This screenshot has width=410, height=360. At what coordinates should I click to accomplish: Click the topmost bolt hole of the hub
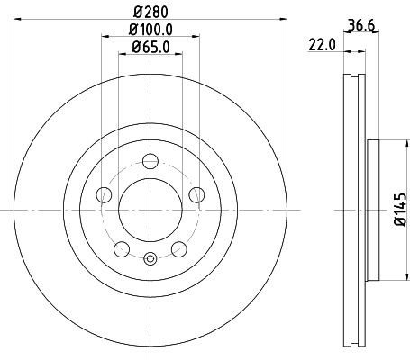(x=150, y=162)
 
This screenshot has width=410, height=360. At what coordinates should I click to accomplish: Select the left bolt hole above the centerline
(x=105, y=195)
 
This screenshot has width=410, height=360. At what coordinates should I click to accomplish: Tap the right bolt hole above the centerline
(x=195, y=195)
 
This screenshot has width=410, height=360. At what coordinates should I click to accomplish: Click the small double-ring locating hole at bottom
(x=150, y=261)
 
